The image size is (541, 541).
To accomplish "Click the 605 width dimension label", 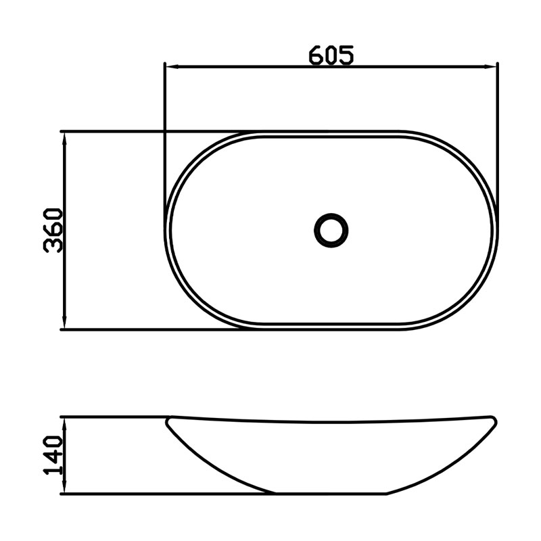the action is point(331,55).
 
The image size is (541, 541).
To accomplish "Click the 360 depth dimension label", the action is point(53,230).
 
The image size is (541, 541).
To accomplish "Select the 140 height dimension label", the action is point(53,454).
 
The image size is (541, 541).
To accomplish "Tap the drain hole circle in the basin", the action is point(331,231).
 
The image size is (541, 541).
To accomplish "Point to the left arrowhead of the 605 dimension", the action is point(172,66).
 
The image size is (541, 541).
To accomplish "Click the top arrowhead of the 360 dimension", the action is point(64,139).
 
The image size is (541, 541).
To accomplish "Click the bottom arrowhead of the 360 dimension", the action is point(64,323).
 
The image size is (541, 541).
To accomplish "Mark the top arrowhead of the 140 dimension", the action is point(64,424).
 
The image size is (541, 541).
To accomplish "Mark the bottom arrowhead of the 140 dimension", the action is point(64,487).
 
